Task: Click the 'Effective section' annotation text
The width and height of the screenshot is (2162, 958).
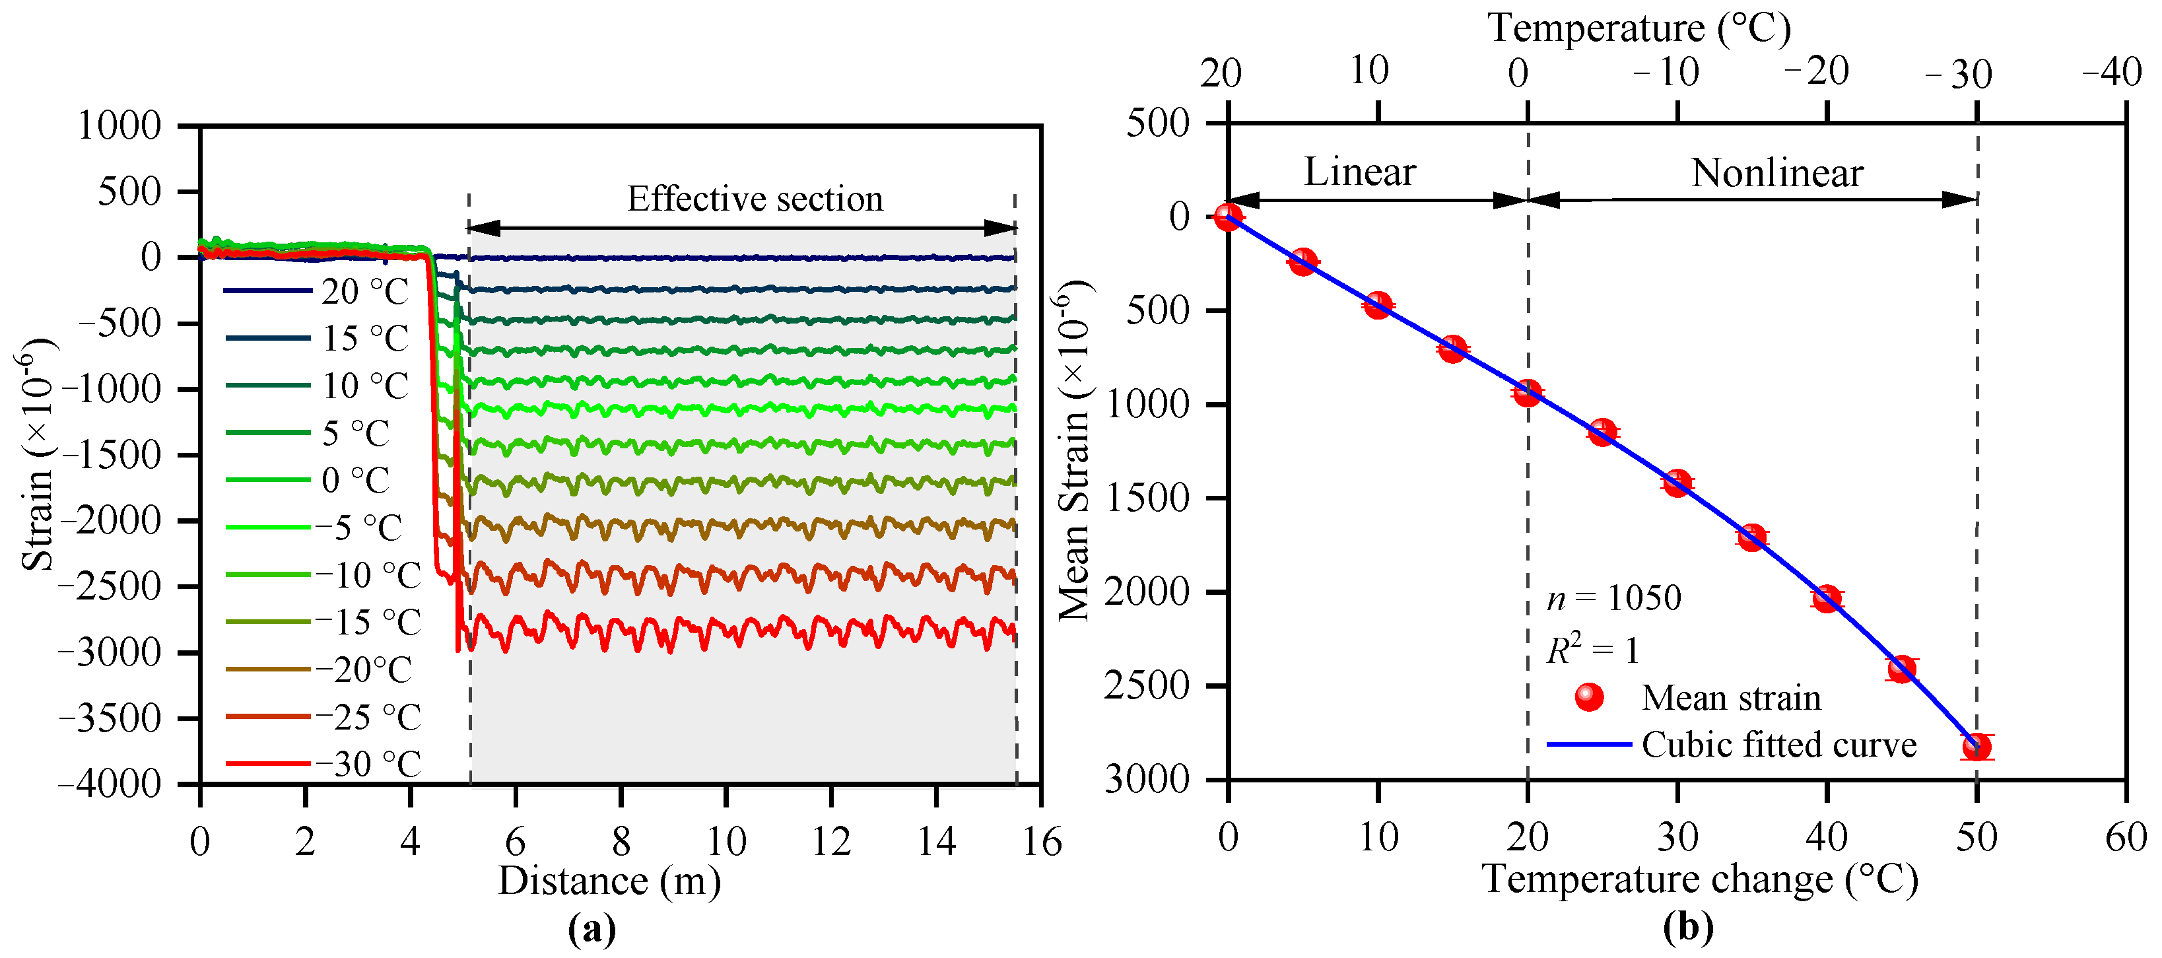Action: pos(755,199)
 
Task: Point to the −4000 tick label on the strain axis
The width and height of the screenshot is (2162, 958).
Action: pos(109,784)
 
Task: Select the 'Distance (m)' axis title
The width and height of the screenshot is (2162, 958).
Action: pos(610,881)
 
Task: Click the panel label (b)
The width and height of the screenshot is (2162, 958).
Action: pos(1689,928)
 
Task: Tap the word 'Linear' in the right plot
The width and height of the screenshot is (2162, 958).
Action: pos(1360,172)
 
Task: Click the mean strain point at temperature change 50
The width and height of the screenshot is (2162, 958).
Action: pos(1976,747)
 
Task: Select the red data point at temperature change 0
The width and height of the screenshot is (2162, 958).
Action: pos(1228,217)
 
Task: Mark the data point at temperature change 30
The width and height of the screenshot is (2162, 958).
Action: pos(1677,483)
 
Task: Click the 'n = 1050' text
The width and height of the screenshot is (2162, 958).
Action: pos(1614,598)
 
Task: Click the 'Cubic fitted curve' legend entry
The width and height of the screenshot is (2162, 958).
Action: pos(1732,745)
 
